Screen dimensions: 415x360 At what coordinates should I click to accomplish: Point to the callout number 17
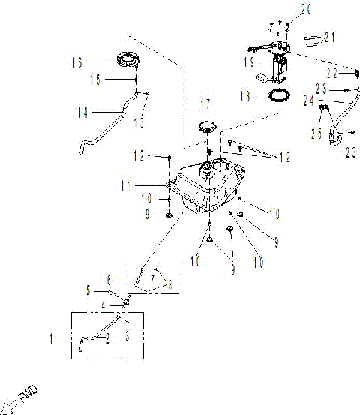tap(206, 102)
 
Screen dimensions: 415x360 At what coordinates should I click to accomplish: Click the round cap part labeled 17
tap(206, 126)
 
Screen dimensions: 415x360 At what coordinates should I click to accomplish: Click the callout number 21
tap(330, 35)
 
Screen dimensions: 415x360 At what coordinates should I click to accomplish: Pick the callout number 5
tap(88, 288)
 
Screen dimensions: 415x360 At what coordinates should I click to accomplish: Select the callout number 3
tap(127, 338)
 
